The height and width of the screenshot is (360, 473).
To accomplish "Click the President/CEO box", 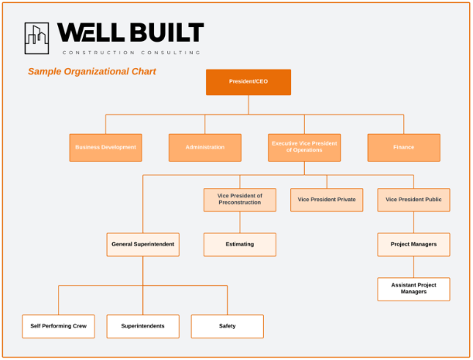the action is point(248,82).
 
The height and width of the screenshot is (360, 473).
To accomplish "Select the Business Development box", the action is point(105,148).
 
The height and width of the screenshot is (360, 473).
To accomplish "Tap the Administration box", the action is point(205,148).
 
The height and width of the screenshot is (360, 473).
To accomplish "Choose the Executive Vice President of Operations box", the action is point(304,148).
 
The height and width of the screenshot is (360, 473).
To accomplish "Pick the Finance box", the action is point(403,148).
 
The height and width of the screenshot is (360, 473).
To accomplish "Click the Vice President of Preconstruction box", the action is point(240,200).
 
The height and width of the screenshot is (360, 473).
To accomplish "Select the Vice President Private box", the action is point(327,200).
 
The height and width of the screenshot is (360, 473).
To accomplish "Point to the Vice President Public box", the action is point(413,200).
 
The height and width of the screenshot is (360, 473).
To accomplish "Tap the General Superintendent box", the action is point(143,245).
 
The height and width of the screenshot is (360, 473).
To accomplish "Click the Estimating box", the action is point(240,245).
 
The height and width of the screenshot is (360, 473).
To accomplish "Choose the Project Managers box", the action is point(413,245).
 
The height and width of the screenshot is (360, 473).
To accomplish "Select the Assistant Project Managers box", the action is point(413,289).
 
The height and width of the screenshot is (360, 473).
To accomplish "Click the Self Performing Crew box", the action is point(59,326).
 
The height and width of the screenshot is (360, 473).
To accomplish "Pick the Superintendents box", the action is point(143,326).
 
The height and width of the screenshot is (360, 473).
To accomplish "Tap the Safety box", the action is point(228,326).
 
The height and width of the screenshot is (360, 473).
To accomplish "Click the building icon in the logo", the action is point(36,39).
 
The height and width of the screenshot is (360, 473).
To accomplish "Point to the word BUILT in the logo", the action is point(167,33).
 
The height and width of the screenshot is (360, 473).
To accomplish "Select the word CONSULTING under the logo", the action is point(171,53).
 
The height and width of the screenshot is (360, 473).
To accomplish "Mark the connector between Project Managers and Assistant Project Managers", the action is point(413,267).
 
